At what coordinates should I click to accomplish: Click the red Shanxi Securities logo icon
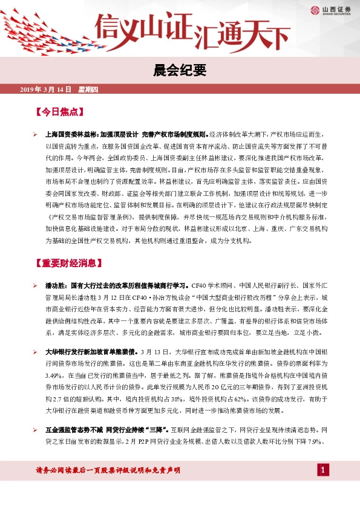pos(315,9)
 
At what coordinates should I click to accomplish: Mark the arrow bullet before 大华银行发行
pos(36,351)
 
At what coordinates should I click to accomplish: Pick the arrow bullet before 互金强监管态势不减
pos(36,429)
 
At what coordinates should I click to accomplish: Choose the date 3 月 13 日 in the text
pos(153,351)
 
